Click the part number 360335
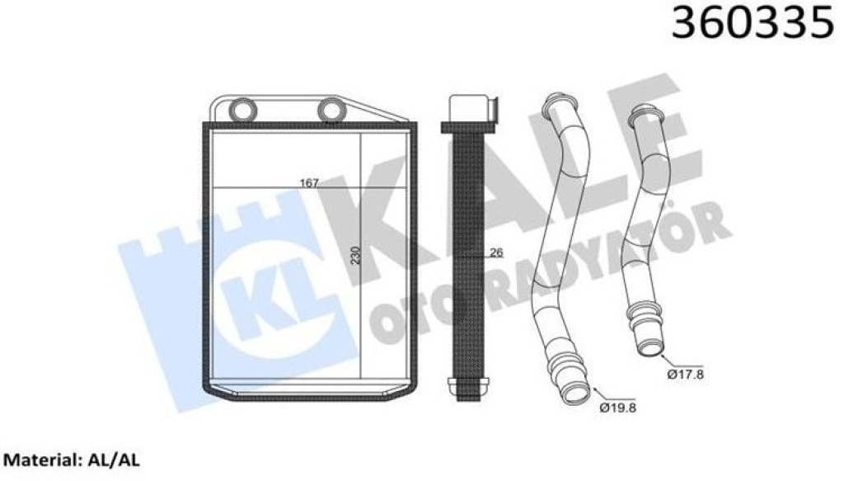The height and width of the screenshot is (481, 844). click(753, 23)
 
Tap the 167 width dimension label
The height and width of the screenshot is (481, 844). click(309, 183)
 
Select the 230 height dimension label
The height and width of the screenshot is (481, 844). click(355, 255)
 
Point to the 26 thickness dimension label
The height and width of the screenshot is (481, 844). click(496, 252)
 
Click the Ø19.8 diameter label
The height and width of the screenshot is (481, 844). click(617, 408)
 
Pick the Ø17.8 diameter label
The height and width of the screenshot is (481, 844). click(685, 374)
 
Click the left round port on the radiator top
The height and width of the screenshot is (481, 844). click(243, 110)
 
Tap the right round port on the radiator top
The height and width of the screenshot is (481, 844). click(331, 110)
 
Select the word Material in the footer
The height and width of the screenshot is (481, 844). click(41, 460)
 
